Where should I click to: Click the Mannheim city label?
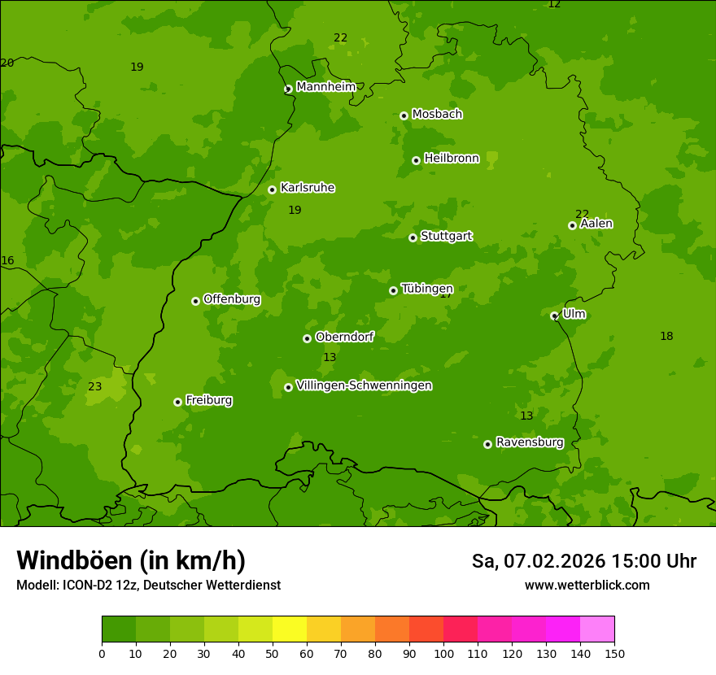point(325,87)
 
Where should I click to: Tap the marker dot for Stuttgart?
point(413,237)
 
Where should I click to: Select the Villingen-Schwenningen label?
point(364,385)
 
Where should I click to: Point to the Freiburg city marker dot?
point(177,402)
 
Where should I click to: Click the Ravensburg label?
point(530,442)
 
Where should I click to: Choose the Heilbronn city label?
point(452,159)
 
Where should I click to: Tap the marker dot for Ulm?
point(554,316)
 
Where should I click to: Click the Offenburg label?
point(232,299)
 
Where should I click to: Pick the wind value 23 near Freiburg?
point(95,386)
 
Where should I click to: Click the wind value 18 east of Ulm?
point(666,336)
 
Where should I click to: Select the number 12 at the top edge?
point(554,4)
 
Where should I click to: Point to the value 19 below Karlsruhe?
point(295,210)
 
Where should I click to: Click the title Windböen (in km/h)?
point(131,560)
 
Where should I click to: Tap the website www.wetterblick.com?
point(587,585)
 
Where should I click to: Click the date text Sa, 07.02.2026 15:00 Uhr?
point(583,561)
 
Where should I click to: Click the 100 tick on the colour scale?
point(443,653)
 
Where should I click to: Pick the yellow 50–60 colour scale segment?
point(290,629)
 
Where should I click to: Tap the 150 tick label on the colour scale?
point(613,653)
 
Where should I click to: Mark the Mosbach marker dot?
point(404,115)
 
